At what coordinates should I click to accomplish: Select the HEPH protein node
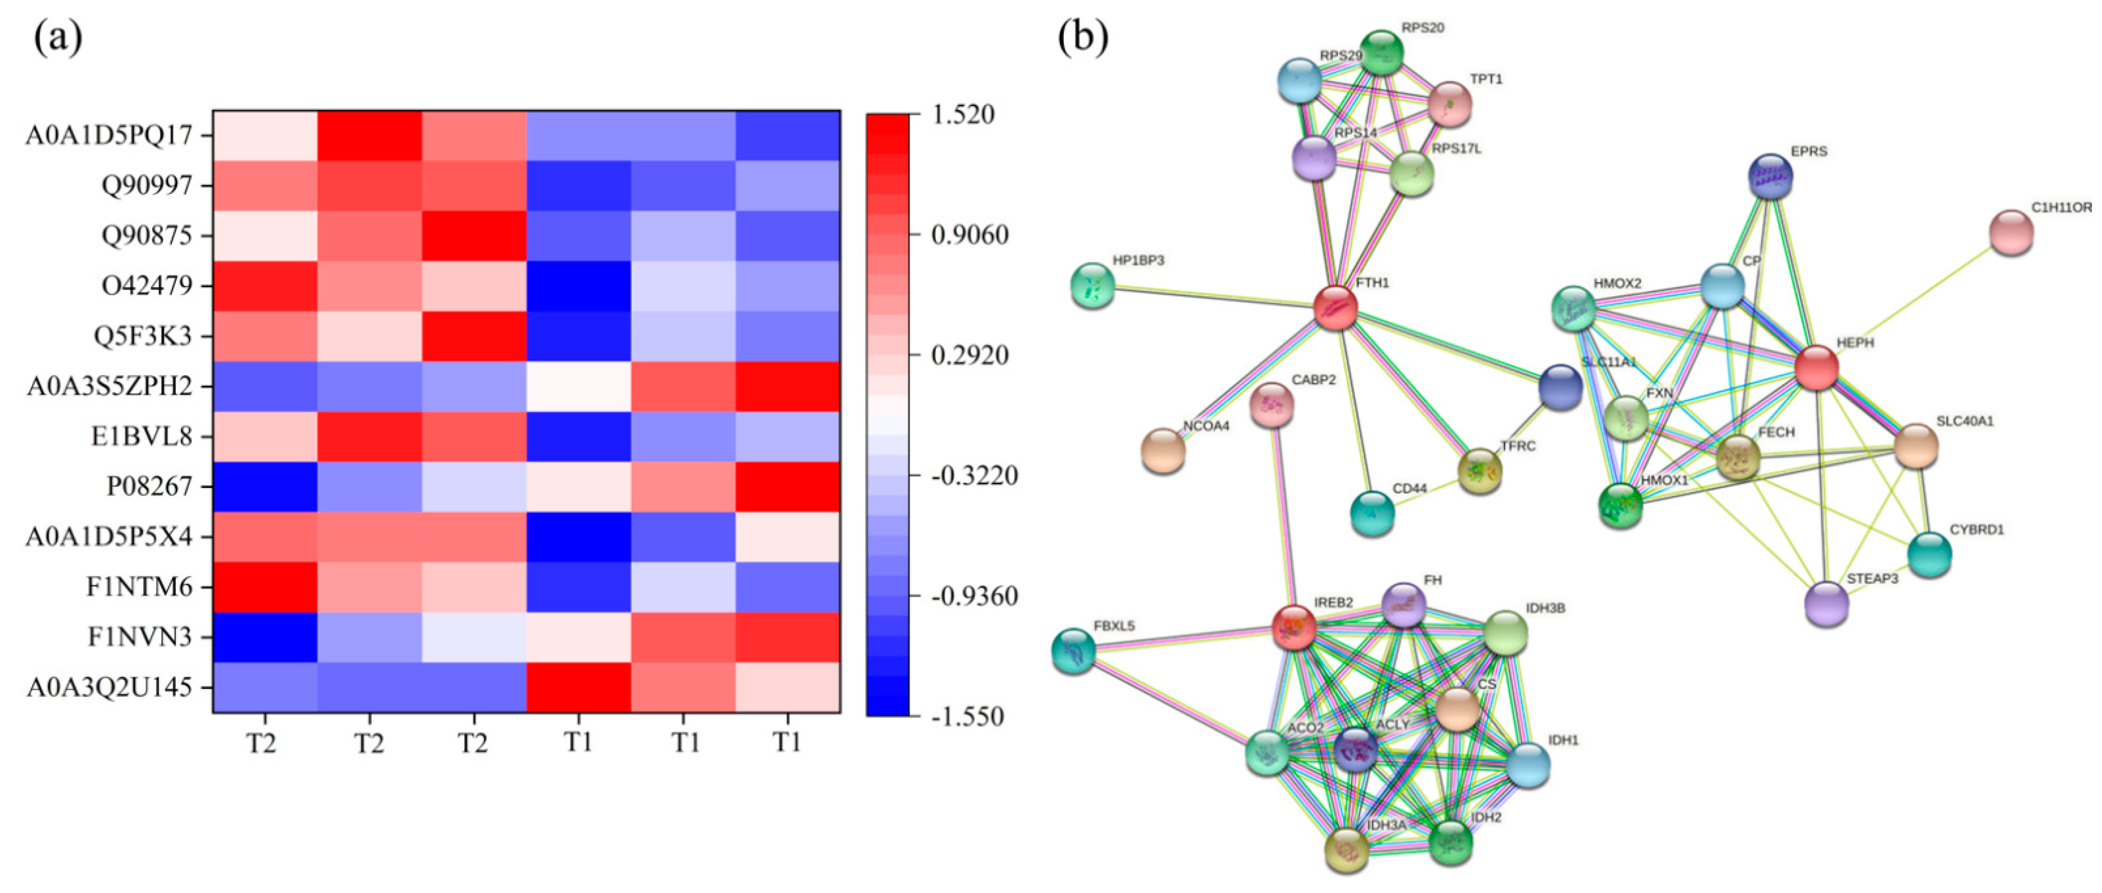click(x=1816, y=367)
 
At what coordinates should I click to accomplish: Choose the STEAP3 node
click(x=1827, y=604)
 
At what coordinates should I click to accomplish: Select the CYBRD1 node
click(x=1930, y=555)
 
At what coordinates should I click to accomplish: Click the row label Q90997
click(x=147, y=186)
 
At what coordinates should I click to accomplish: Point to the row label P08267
click(x=149, y=487)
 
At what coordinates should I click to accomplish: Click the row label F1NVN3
click(x=140, y=636)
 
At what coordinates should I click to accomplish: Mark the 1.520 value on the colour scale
click(x=963, y=114)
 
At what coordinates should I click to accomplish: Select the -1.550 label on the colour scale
click(x=967, y=717)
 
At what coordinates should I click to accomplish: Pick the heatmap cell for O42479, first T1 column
click(x=578, y=286)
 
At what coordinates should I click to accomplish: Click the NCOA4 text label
click(x=1206, y=426)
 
